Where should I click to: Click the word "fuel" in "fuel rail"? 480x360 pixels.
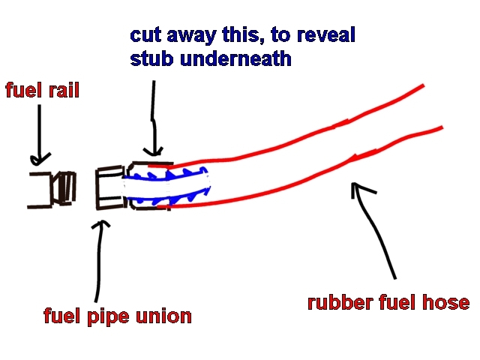[x=22, y=92]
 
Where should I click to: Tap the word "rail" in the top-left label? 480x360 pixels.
[x=63, y=92]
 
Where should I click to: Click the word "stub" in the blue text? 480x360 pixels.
[x=152, y=58]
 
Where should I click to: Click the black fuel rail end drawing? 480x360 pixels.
[x=52, y=189]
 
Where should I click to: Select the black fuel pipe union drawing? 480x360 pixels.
[x=109, y=190]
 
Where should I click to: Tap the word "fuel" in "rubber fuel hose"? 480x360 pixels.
[x=401, y=303]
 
